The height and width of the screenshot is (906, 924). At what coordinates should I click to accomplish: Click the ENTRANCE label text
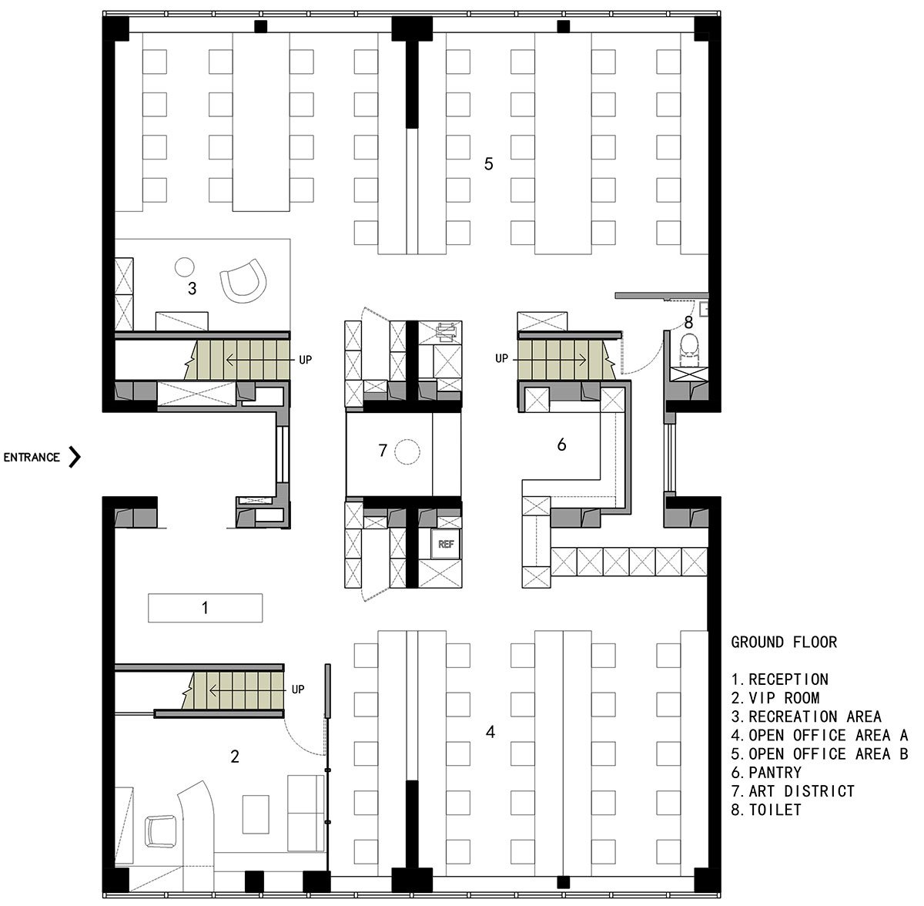(x=32, y=458)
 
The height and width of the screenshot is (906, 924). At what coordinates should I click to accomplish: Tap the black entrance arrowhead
(x=75, y=457)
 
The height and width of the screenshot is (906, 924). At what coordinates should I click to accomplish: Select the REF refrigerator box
(x=446, y=544)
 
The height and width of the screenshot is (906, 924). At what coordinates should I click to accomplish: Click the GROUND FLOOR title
(x=784, y=643)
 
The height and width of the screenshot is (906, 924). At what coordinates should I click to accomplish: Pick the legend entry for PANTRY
(x=765, y=773)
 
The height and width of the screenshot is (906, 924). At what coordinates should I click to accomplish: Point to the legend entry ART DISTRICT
(x=792, y=791)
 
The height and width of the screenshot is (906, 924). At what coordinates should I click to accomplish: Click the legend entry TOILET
(x=765, y=810)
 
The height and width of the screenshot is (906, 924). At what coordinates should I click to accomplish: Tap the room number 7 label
(x=382, y=451)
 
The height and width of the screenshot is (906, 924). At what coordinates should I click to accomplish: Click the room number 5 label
(x=488, y=164)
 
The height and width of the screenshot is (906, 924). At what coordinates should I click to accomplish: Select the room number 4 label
(x=490, y=732)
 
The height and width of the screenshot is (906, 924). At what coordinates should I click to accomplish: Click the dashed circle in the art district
(x=407, y=451)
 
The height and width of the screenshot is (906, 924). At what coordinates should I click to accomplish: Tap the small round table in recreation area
(x=184, y=267)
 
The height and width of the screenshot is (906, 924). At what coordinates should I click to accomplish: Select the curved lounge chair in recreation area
(x=243, y=280)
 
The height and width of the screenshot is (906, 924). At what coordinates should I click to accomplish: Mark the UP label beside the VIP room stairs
(x=298, y=690)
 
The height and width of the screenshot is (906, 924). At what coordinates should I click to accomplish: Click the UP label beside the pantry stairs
(x=501, y=358)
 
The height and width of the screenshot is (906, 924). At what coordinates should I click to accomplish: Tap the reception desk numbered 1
(x=206, y=608)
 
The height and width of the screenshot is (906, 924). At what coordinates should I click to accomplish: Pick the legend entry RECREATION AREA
(x=805, y=716)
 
